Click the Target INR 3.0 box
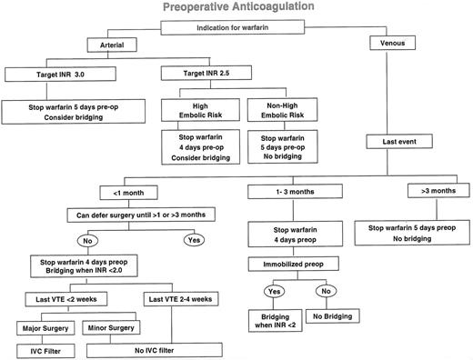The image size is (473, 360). [x=52, y=73]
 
